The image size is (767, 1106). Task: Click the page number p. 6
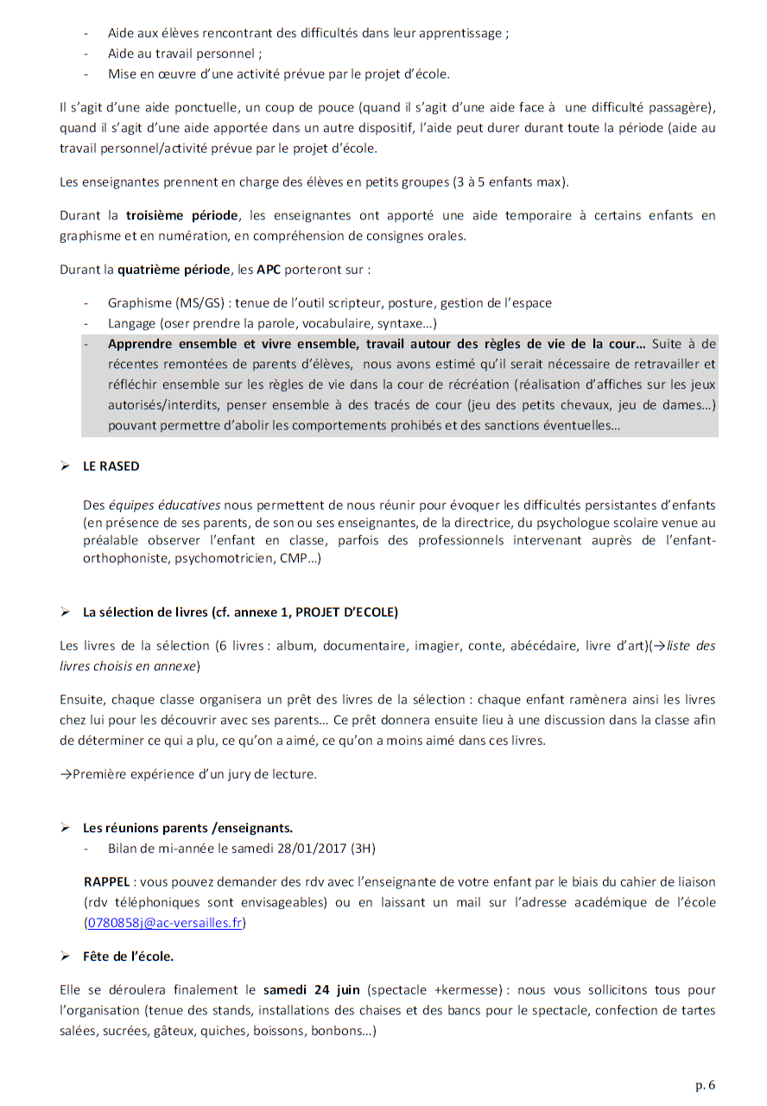pos(705,1084)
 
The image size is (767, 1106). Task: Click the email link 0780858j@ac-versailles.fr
pos(165,922)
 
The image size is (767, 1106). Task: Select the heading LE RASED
pos(111,466)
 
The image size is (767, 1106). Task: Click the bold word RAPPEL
pos(105,881)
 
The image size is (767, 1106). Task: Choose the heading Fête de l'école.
pos(128,957)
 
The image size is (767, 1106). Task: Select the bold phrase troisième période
pos(181,215)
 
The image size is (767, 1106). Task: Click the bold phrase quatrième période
pos(179,269)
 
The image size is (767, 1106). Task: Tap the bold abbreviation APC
pos(269,269)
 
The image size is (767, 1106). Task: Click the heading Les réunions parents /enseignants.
pos(187,828)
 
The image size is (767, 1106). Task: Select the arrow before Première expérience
pos(66,774)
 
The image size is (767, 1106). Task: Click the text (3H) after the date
pos(363,849)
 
